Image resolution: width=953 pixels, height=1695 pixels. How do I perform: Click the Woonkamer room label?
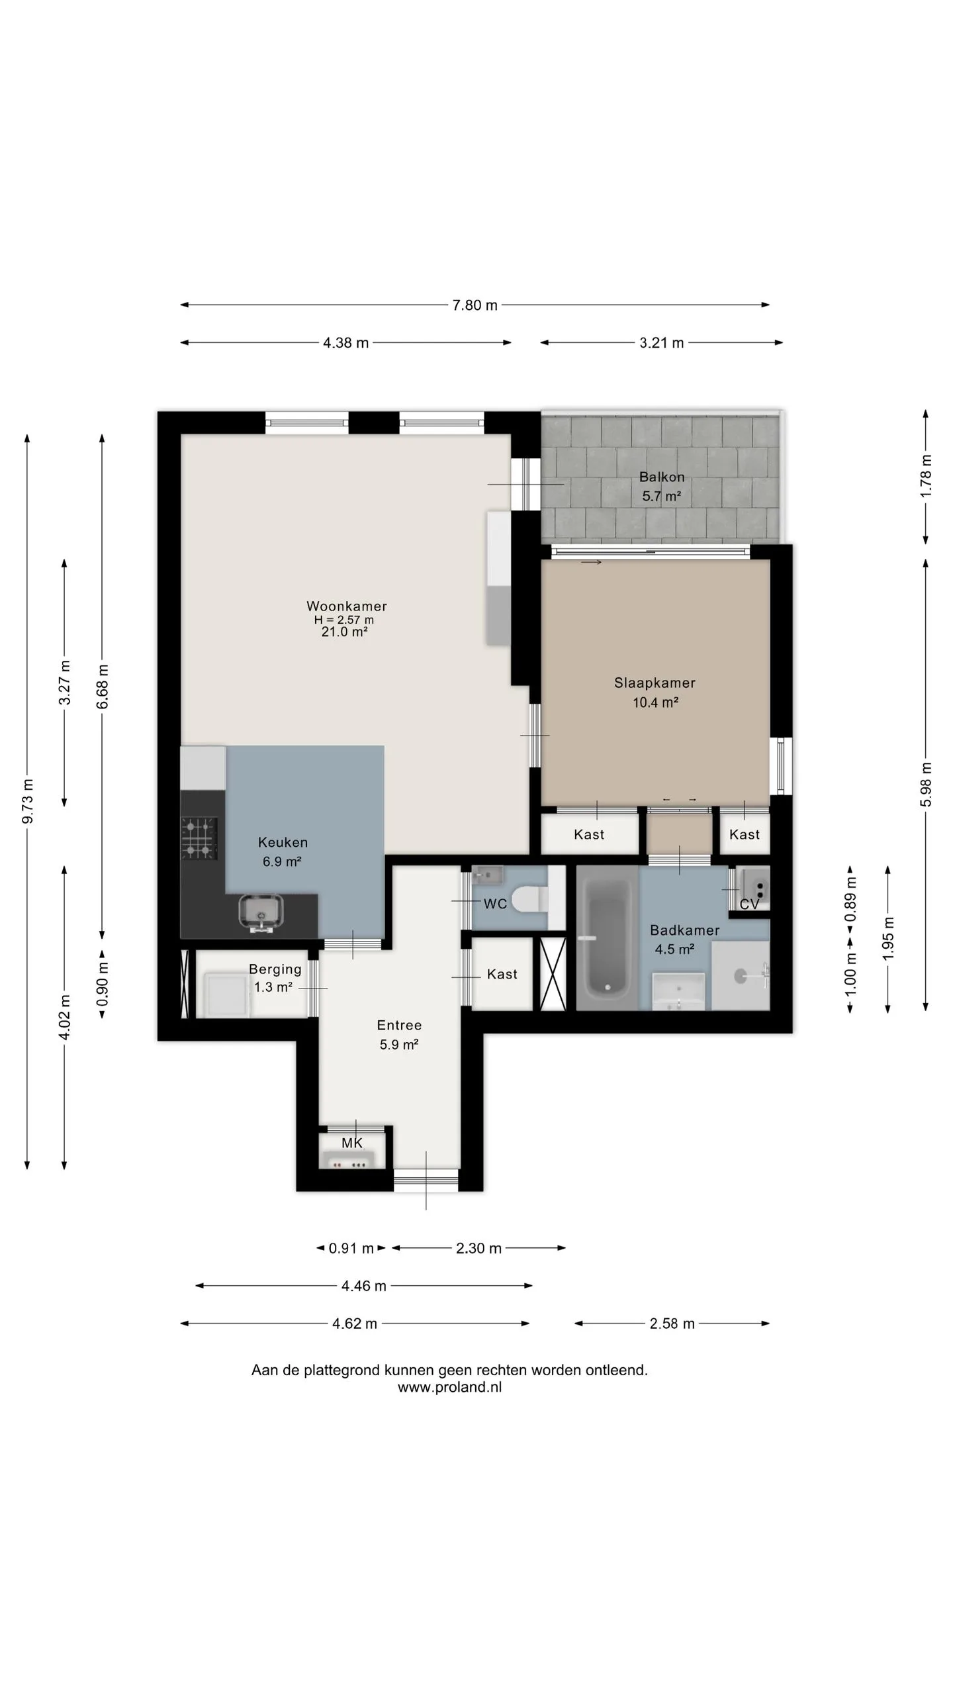pyautogui.click(x=347, y=606)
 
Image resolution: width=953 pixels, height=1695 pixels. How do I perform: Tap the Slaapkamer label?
pyautogui.click(x=655, y=683)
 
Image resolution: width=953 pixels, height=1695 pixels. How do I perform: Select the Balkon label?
pyautogui.click(x=662, y=477)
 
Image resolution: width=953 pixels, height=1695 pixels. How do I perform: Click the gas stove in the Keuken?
pyautogui.click(x=199, y=838)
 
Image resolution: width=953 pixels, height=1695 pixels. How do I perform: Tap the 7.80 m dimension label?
pyautogui.click(x=475, y=305)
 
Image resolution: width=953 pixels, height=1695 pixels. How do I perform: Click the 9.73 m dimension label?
pyautogui.click(x=28, y=802)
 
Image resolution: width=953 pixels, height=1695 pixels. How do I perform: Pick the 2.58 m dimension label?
pyautogui.click(x=672, y=1324)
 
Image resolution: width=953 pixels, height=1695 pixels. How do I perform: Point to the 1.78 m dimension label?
pyautogui.click(x=926, y=476)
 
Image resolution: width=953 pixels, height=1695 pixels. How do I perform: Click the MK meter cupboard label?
pyautogui.click(x=352, y=1143)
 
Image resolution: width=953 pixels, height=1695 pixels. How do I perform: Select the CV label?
pyautogui.click(x=749, y=904)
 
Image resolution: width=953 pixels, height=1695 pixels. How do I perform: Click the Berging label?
pyautogui.click(x=275, y=969)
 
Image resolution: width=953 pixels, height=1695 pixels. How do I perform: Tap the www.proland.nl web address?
pyautogui.click(x=450, y=1387)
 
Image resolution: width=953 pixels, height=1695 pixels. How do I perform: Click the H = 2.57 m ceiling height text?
pyautogui.click(x=344, y=620)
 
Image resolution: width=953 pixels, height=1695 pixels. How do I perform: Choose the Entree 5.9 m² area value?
pyautogui.click(x=399, y=1044)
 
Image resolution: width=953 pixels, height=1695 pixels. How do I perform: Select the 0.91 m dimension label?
pyautogui.click(x=351, y=1248)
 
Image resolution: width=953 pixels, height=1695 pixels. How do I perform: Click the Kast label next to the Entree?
pyautogui.click(x=502, y=974)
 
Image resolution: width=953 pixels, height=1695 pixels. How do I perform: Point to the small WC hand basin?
pyautogui.click(x=488, y=875)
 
